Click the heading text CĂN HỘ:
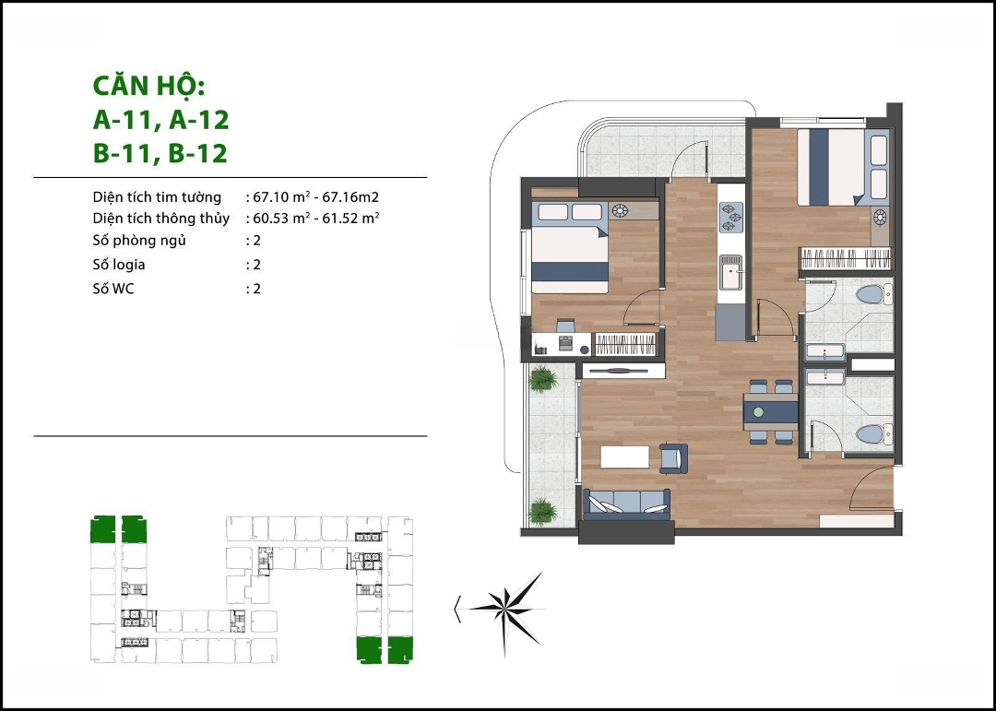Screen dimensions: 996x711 tap(149, 86)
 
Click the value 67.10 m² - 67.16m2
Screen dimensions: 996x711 tap(315, 197)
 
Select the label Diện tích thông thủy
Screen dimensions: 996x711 tap(160, 219)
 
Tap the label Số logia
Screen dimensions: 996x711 tap(119, 265)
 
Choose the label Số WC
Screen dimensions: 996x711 tap(113, 289)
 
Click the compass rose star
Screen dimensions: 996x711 tap(505, 610)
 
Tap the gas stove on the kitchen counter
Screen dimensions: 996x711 tap(730, 218)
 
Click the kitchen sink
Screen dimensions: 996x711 tap(730, 271)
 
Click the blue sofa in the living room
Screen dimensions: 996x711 tap(627, 504)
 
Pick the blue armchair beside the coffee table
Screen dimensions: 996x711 tap(674, 458)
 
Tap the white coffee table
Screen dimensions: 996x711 tap(625, 457)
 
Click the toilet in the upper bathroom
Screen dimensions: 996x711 tap(873, 295)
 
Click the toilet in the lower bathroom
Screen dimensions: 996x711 tap(873, 435)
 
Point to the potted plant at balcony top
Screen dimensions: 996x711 tap(543, 379)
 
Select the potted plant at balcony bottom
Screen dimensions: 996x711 tap(542, 512)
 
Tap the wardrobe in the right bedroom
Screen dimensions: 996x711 tap(846, 258)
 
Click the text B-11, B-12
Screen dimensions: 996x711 tap(160, 154)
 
